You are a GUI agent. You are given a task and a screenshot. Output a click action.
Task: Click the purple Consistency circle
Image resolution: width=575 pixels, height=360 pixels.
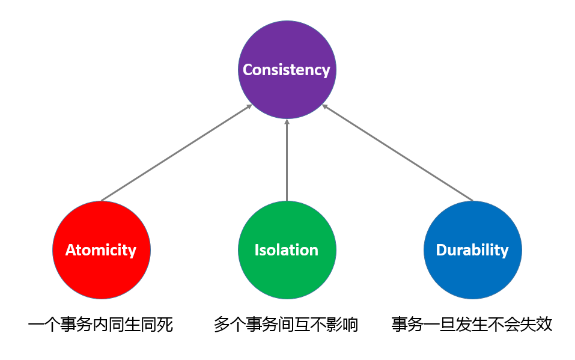287,70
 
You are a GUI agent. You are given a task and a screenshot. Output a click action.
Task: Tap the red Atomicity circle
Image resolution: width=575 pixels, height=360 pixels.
102,250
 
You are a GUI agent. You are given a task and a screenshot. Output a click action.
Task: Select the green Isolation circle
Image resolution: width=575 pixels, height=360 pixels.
287,250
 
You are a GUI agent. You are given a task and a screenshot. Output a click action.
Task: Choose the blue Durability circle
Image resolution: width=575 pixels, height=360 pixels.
473,250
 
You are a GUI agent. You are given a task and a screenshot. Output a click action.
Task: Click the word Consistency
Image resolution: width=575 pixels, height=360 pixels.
287,70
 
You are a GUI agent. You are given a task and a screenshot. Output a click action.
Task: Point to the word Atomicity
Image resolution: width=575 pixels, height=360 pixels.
101,250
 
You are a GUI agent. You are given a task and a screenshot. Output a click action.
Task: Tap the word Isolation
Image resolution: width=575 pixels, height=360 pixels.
287,250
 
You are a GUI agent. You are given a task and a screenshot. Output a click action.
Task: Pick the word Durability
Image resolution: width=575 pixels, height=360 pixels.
472,250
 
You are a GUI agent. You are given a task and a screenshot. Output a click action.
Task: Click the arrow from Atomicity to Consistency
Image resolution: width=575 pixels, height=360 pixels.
177,153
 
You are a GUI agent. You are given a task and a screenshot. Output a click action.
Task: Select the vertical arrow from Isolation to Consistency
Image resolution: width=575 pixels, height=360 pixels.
287,160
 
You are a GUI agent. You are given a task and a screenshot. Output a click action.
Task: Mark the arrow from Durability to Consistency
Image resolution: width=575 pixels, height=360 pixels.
398,153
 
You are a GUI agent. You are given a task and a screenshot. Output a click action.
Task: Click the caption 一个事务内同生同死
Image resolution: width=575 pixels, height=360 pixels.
100,325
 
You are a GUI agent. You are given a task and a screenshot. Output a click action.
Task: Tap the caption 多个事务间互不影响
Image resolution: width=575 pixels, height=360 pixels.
286,325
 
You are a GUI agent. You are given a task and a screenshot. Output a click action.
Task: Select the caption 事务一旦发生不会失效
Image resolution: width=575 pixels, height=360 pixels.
472,325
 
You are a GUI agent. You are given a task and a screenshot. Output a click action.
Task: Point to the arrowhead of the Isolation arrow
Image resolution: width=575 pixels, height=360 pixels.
287,121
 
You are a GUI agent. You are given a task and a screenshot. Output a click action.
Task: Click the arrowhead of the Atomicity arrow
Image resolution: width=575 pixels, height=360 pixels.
250,106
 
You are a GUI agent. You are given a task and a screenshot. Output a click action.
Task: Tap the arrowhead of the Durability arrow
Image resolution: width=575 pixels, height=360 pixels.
324,106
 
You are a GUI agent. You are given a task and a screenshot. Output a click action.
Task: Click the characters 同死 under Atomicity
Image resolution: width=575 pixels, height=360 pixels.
157,325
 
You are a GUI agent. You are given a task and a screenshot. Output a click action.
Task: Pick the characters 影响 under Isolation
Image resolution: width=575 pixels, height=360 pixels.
342,325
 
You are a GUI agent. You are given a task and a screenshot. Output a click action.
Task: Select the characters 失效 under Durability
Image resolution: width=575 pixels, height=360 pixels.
536,325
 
